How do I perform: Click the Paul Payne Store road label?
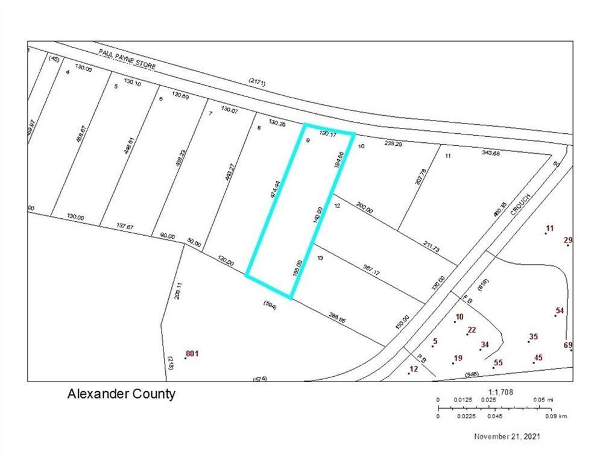pyautogui.click(x=127, y=59)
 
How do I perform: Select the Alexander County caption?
pyautogui.click(x=121, y=394)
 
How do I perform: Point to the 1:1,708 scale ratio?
pyautogui.click(x=499, y=392)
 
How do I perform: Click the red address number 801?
pyautogui.click(x=192, y=353)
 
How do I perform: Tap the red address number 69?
pyautogui.click(x=567, y=345)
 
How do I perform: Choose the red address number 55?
pyautogui.click(x=498, y=362)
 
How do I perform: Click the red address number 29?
pyautogui.click(x=567, y=240)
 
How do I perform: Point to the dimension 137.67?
pyautogui.click(x=125, y=226)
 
